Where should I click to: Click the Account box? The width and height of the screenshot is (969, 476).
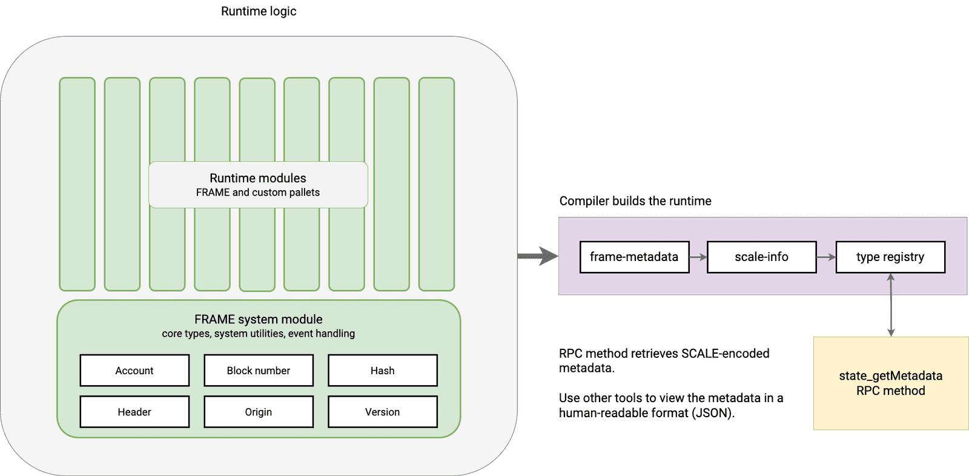[x=134, y=370]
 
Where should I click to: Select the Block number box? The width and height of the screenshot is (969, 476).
[x=259, y=370]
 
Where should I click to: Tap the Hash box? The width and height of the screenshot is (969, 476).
[x=382, y=370]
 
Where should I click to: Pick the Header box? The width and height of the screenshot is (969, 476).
[x=134, y=412]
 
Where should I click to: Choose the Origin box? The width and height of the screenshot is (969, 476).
[x=259, y=412]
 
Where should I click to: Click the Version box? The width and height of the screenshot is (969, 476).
[x=382, y=412]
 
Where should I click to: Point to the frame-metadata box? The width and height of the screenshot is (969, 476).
[x=634, y=257]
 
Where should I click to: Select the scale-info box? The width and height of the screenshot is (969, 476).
[x=761, y=257]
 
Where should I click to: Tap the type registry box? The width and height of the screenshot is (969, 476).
[x=890, y=257]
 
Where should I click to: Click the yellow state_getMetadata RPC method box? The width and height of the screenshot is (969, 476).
[x=890, y=383]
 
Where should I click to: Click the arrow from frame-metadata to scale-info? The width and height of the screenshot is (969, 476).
[x=698, y=257]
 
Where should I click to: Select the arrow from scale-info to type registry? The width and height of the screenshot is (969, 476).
[x=826, y=257]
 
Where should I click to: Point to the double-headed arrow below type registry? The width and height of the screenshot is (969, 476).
[x=891, y=305]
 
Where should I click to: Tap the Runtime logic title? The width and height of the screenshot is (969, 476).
[x=259, y=11]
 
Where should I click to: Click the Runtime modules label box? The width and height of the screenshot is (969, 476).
[x=258, y=184]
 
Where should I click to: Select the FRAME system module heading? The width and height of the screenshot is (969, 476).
[x=259, y=319]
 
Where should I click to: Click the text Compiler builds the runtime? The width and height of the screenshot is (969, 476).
[x=635, y=201]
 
